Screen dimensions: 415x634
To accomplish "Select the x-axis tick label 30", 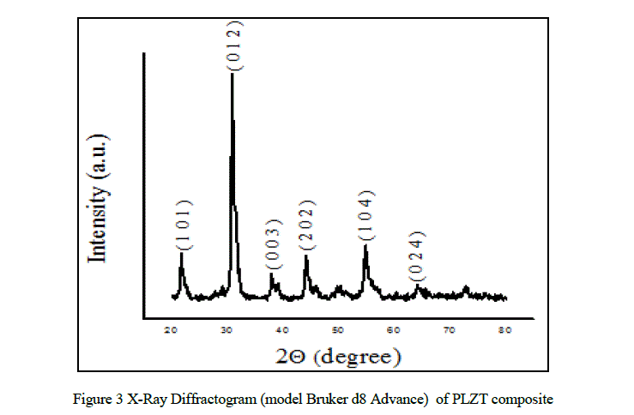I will pyautogui.click(x=226, y=329).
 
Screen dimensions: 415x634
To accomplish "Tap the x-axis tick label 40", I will pyautogui.click(x=282, y=329).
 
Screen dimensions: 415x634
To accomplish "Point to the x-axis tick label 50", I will pyautogui.click(x=338, y=329).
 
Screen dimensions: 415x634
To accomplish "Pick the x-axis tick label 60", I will pyautogui.click(x=393, y=329).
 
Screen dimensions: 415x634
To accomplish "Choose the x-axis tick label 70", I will pyautogui.click(x=449, y=329).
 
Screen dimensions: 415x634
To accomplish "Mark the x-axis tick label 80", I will pyautogui.click(x=504, y=329).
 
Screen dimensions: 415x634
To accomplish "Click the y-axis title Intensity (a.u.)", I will pyautogui.click(x=100, y=198).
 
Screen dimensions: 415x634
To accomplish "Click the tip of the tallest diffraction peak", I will pyautogui.click(x=232, y=75).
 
